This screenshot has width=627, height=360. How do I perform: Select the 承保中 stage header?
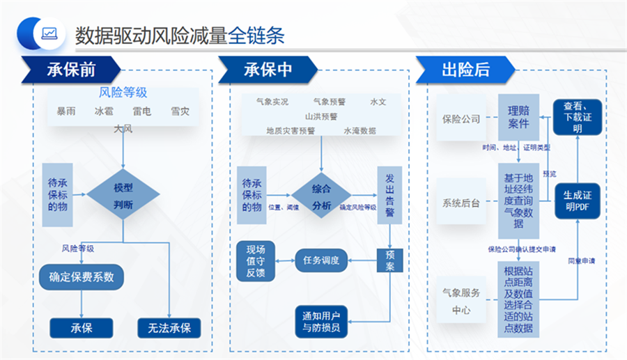tap(268, 70)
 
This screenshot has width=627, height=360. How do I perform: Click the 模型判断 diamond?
tap(123, 196)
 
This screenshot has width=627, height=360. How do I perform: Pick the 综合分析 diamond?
tap(321, 196)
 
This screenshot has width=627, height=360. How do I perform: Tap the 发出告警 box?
tap(389, 195)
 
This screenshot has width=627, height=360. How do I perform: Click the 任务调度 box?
tap(321, 260)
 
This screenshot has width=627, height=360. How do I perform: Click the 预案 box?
tap(389, 260)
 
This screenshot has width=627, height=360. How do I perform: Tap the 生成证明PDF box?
tap(577, 201)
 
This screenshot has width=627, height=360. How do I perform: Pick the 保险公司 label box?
tap(461, 118)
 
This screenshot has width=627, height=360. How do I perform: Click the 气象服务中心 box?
tap(461, 301)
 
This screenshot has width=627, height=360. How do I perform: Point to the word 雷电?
tap(142, 111)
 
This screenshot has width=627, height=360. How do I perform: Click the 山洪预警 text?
tap(321, 116)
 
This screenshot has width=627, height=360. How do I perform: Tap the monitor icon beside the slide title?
tap(49, 33)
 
